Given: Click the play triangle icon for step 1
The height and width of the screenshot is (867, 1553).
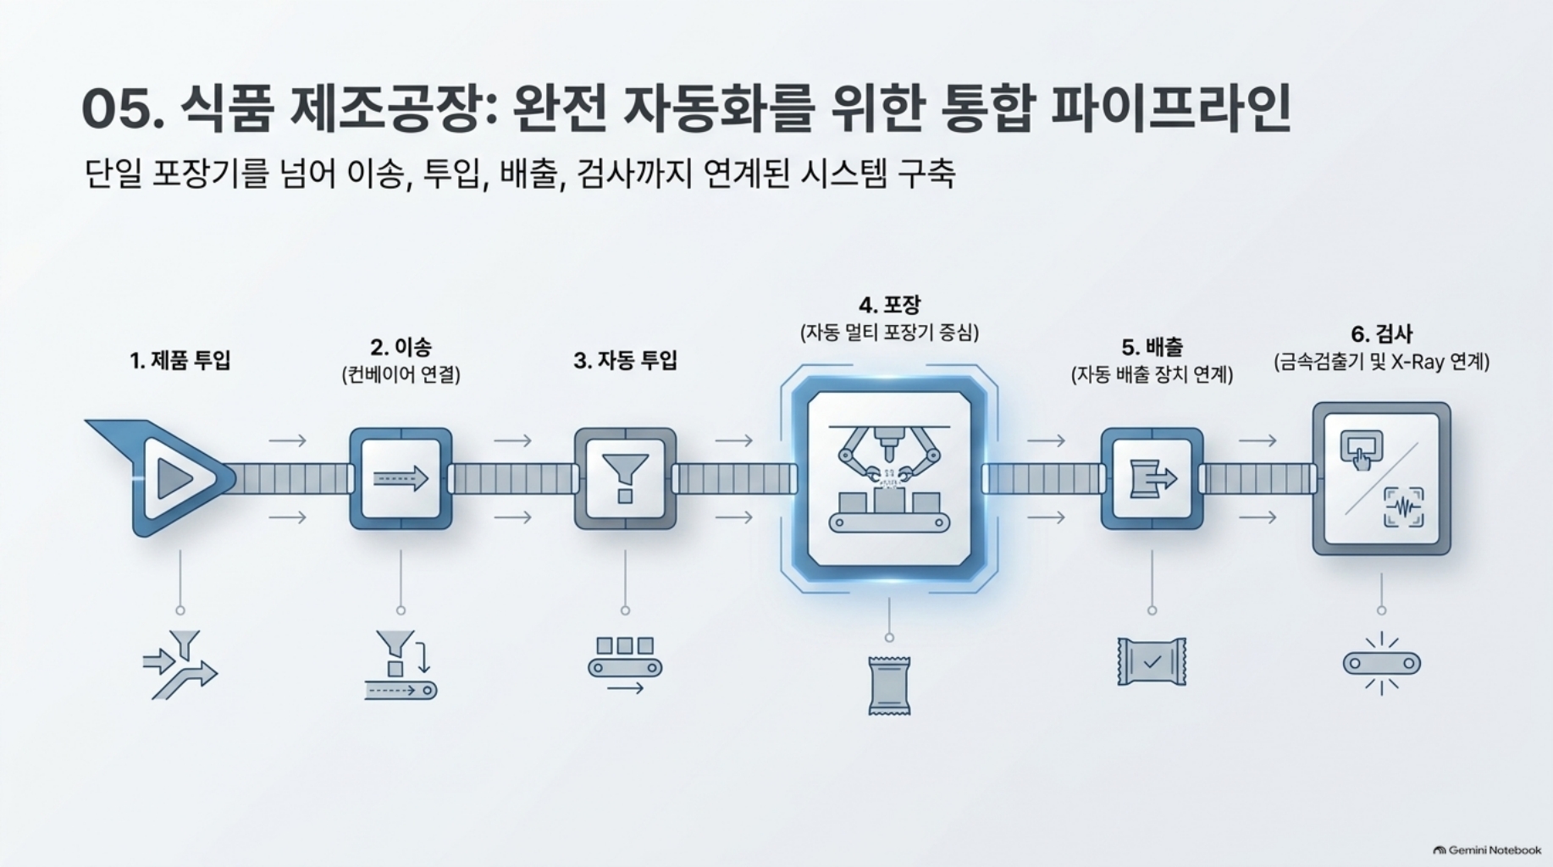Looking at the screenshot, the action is tap(173, 478).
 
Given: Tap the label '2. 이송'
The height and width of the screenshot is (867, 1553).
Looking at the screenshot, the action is tap(401, 347).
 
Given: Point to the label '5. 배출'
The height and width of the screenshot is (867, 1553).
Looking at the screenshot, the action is tap(1152, 347).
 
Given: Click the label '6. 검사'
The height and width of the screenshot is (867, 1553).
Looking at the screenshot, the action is tap(1382, 334).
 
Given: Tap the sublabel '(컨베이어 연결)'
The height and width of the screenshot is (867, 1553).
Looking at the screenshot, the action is tap(401, 374).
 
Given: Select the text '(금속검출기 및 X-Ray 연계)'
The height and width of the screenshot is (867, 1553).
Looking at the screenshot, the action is tap(1382, 362).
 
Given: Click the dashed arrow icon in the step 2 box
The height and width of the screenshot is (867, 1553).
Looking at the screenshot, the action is tap(401, 478).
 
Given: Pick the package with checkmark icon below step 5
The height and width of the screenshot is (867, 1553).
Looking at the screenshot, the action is tap(1152, 662).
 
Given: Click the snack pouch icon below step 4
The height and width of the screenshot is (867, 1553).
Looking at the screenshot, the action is tap(889, 685).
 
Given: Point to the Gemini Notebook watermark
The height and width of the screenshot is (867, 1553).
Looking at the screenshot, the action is tap(1487, 850).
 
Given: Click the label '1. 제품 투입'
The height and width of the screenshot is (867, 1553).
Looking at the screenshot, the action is tap(180, 361).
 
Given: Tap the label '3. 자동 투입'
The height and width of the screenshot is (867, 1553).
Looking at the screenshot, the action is tap(626, 361).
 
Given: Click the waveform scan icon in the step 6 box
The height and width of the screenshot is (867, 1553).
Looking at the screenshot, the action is tap(1404, 507).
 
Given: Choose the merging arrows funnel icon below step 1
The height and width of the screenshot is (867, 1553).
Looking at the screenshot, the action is tap(180, 665).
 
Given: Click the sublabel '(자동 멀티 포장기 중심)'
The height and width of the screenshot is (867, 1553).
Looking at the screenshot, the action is tap(889, 332).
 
